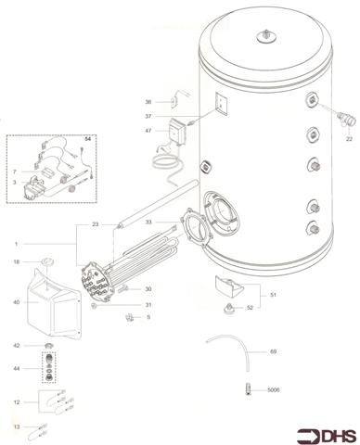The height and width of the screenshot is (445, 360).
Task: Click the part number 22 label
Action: pos(350,138)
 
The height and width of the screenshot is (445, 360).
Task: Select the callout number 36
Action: pos(148,101)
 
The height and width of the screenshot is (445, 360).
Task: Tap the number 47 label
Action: pos(148,132)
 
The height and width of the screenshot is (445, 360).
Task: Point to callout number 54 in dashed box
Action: pos(87,139)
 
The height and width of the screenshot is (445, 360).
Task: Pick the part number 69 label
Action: pos(273,352)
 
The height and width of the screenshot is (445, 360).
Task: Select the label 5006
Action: pos(274,390)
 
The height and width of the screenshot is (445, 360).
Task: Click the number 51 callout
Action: pos(272,294)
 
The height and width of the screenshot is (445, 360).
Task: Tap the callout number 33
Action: pos(148,223)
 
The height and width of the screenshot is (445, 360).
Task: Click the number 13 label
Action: pos(16,426)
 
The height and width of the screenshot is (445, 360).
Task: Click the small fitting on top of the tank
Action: pos(267,36)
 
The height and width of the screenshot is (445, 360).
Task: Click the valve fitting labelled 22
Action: pos(338,117)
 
